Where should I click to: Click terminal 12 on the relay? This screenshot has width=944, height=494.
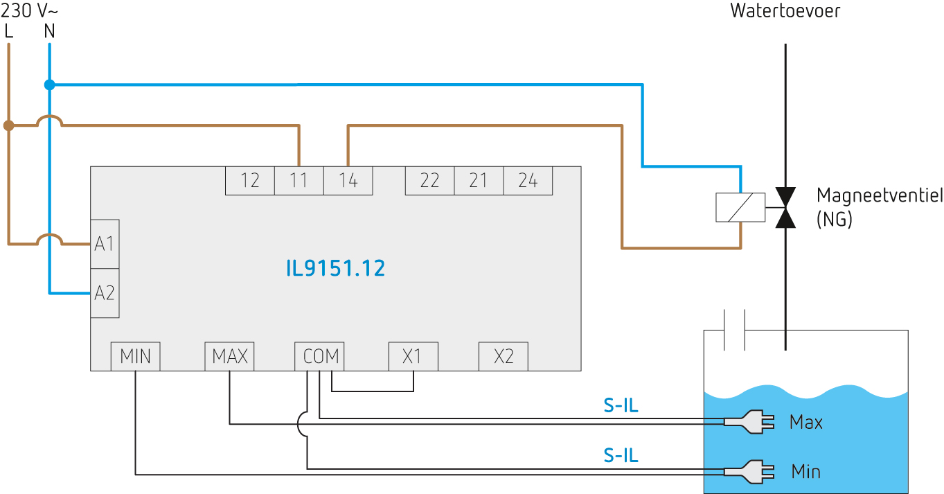pyautogui.click(x=250, y=181)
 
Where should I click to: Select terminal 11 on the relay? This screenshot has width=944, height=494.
pyautogui.click(x=299, y=181)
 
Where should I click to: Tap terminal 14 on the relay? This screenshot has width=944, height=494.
pyautogui.click(x=348, y=181)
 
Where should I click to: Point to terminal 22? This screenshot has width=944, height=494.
pyautogui.click(x=429, y=181)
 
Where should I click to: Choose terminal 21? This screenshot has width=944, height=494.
pyautogui.click(x=479, y=181)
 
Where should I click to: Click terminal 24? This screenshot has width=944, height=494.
pyautogui.click(x=528, y=181)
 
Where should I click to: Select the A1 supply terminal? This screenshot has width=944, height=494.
pyautogui.click(x=105, y=244)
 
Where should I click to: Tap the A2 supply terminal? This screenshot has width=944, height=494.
pyautogui.click(x=105, y=293)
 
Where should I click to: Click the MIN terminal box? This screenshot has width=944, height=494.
pyautogui.click(x=136, y=357)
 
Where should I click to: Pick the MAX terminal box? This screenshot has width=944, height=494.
pyautogui.click(x=230, y=357)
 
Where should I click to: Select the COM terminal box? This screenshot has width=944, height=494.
pyautogui.click(x=321, y=357)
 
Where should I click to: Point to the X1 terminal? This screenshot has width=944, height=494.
pyautogui.click(x=413, y=357)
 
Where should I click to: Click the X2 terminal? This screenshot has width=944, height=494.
pyautogui.click(x=504, y=357)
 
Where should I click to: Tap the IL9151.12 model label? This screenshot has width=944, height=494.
pyautogui.click(x=335, y=268)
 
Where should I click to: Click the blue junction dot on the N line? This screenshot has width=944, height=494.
pyautogui.click(x=49, y=85)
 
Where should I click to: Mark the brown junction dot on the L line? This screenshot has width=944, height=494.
pyautogui.click(x=8, y=126)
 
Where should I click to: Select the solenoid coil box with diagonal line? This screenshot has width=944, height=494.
pyautogui.click(x=740, y=207)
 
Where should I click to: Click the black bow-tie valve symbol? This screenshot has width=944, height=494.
pyautogui.click(x=785, y=207)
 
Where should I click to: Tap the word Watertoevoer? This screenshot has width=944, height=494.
pyautogui.click(x=785, y=12)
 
